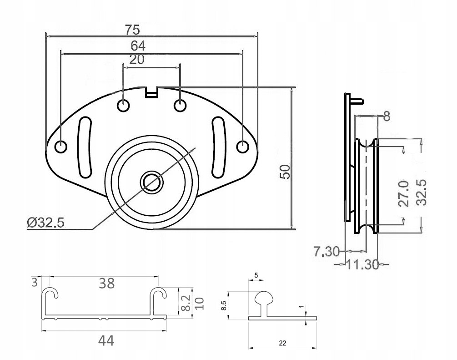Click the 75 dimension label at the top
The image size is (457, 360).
point(133,30)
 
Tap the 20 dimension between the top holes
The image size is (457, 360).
point(137,60)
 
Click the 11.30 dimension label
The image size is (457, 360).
point(362,264)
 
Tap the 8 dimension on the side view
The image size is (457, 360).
point(387,117)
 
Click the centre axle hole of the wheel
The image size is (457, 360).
point(151,182)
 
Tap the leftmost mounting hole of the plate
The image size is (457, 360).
point(60,147)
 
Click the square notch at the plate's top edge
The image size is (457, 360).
point(151,92)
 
